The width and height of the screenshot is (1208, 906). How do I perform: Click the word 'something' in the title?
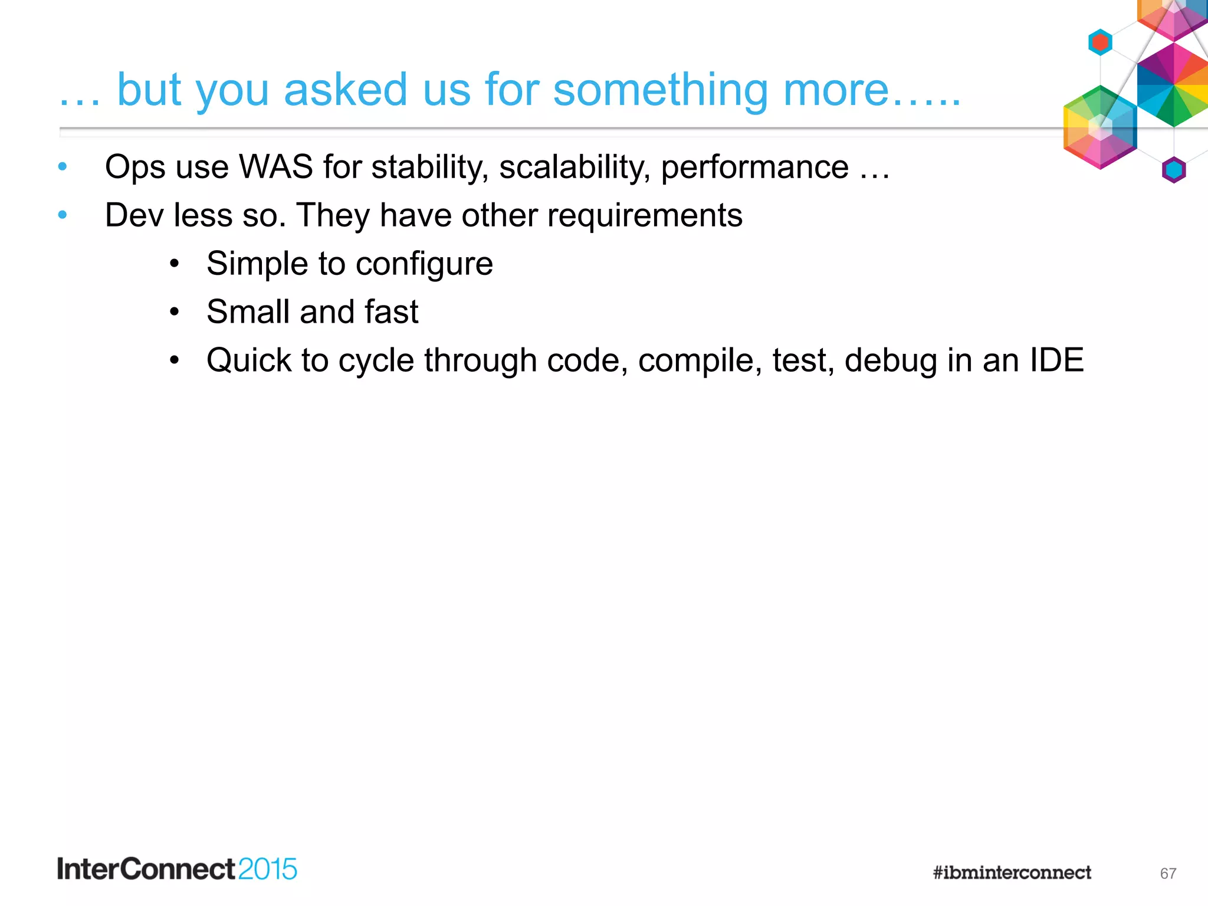(660, 90)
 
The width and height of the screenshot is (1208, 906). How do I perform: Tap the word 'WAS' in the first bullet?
(275, 167)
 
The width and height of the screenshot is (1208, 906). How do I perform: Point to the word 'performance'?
(754, 167)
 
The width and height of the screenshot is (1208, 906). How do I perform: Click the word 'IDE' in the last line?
(1056, 360)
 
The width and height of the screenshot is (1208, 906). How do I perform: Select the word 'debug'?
(891, 360)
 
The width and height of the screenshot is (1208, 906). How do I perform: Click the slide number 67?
(1168, 874)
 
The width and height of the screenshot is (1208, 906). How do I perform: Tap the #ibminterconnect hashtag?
(1012, 872)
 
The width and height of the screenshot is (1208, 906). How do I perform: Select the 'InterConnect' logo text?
(146, 869)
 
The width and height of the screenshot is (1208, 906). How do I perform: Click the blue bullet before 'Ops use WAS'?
(63, 167)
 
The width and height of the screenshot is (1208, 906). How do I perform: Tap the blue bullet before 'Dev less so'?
(63, 215)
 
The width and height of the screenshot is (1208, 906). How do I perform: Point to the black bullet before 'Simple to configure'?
(174, 264)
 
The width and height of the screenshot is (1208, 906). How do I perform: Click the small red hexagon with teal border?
(1100, 42)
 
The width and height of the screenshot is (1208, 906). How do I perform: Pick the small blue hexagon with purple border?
(1174, 170)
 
